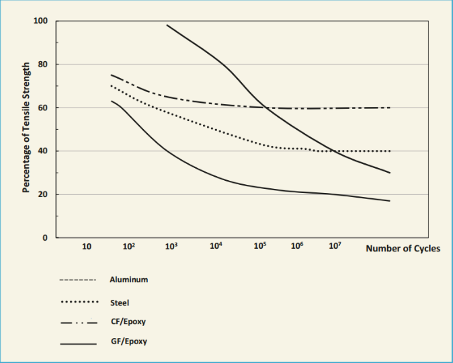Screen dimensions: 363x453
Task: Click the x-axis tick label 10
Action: click(x=86, y=247)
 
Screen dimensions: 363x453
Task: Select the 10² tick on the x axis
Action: click(x=130, y=247)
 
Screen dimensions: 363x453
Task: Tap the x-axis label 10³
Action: click(x=171, y=247)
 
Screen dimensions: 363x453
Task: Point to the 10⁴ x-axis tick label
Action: click(x=216, y=247)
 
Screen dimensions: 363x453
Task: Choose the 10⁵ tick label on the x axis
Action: click(x=259, y=247)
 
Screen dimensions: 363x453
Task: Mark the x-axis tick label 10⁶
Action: click(x=296, y=247)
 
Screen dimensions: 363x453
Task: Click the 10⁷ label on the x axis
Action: click(x=334, y=247)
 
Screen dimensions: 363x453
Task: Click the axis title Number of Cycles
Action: click(x=403, y=249)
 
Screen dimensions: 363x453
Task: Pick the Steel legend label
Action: click(x=120, y=303)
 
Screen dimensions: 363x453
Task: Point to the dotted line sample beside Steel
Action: click(x=80, y=302)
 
